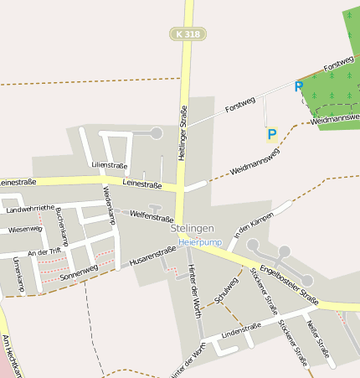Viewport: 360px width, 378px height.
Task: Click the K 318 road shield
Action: pyautogui.click(x=188, y=34)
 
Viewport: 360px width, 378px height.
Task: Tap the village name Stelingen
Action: pyautogui.click(x=193, y=228)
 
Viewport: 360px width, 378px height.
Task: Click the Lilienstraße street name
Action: pyautogui.click(x=110, y=165)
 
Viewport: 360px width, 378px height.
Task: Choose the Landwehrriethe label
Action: pyautogui.click(x=30, y=209)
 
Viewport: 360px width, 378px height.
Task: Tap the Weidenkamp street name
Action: pyautogui.click(x=109, y=205)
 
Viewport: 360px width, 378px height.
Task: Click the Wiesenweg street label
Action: pyautogui.click(x=25, y=229)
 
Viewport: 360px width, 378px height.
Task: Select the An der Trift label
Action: pyautogui.click(x=44, y=251)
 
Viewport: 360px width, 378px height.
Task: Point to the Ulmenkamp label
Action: pyautogui.click(x=18, y=274)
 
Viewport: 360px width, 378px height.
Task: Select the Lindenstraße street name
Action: pyautogui.click(x=235, y=336)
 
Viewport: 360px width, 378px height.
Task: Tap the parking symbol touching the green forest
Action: pyautogui.click(x=299, y=86)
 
